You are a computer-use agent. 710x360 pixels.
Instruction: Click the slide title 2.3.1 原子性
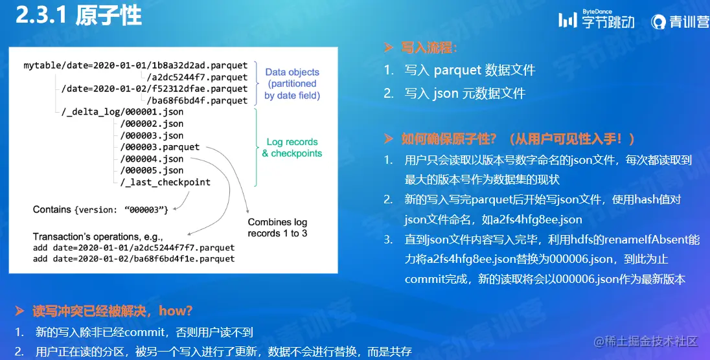(78, 15)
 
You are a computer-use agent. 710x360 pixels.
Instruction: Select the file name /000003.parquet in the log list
(160, 147)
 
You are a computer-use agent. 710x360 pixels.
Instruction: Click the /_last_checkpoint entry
(165, 182)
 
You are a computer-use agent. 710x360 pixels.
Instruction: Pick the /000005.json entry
(152, 170)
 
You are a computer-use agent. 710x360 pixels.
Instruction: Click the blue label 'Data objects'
(292, 72)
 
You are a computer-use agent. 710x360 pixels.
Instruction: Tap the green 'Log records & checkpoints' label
(292, 148)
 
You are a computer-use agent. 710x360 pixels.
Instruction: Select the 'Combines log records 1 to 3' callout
(277, 228)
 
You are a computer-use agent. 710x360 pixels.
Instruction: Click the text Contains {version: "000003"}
(100, 210)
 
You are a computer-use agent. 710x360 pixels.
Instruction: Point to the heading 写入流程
(429, 47)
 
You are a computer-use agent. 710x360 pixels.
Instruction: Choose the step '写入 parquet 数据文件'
(470, 70)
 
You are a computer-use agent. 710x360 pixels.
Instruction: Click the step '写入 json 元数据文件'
(465, 93)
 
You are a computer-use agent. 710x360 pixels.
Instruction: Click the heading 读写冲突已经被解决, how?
(113, 311)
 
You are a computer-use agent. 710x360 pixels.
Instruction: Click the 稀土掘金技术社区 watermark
(646, 341)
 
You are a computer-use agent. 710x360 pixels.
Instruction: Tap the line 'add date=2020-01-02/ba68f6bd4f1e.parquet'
(133, 258)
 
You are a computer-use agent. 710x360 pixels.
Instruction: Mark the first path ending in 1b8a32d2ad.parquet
(135, 65)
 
